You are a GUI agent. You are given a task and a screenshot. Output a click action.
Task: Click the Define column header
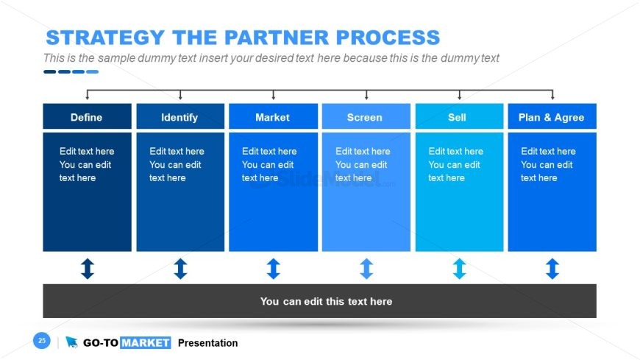[87, 116]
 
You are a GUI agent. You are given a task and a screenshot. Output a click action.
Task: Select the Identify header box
[180, 116]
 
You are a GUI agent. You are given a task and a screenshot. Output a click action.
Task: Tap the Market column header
[273, 116]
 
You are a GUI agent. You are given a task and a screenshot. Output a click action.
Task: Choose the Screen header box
[366, 116]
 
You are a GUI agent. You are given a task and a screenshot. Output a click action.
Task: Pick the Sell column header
[459, 116]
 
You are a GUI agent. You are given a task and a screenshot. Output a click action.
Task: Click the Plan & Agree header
[552, 116]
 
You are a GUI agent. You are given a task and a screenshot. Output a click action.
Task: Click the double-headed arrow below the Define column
[88, 269]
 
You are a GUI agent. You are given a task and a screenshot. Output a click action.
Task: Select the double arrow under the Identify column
[180, 269]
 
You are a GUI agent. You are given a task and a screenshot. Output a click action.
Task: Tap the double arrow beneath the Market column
[274, 269]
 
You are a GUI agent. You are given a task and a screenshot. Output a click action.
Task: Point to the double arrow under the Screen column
[366, 269]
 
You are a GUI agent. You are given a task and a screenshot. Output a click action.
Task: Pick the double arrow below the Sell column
[460, 269]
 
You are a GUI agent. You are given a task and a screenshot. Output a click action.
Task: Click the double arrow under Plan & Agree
[552, 269]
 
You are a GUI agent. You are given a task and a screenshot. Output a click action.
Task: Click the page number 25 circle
[42, 340]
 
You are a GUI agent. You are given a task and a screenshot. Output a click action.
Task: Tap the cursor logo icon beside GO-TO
[71, 342]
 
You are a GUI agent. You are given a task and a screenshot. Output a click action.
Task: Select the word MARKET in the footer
[146, 343]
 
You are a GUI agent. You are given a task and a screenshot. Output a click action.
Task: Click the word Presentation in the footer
[207, 343]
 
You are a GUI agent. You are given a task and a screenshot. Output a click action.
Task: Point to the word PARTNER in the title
[277, 38]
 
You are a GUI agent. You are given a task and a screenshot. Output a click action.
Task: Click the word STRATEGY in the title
[105, 38]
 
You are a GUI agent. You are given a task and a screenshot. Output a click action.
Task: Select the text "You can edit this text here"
[326, 302]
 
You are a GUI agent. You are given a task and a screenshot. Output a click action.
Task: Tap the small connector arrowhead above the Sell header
[460, 97]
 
